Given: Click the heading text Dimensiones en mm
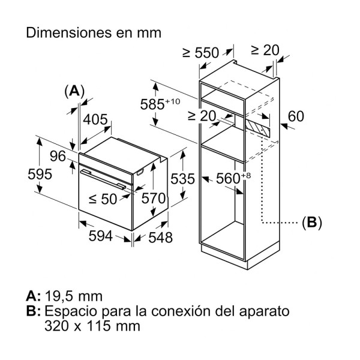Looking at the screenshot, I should [94, 33].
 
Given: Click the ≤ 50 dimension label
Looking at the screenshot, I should [103, 199].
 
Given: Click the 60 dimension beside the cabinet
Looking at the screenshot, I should [296, 116].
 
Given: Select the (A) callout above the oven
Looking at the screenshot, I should [74, 91].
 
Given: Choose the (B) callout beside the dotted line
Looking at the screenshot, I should [311, 223].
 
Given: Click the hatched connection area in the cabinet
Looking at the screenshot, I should [256, 127].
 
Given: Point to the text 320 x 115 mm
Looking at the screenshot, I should [92, 327].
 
